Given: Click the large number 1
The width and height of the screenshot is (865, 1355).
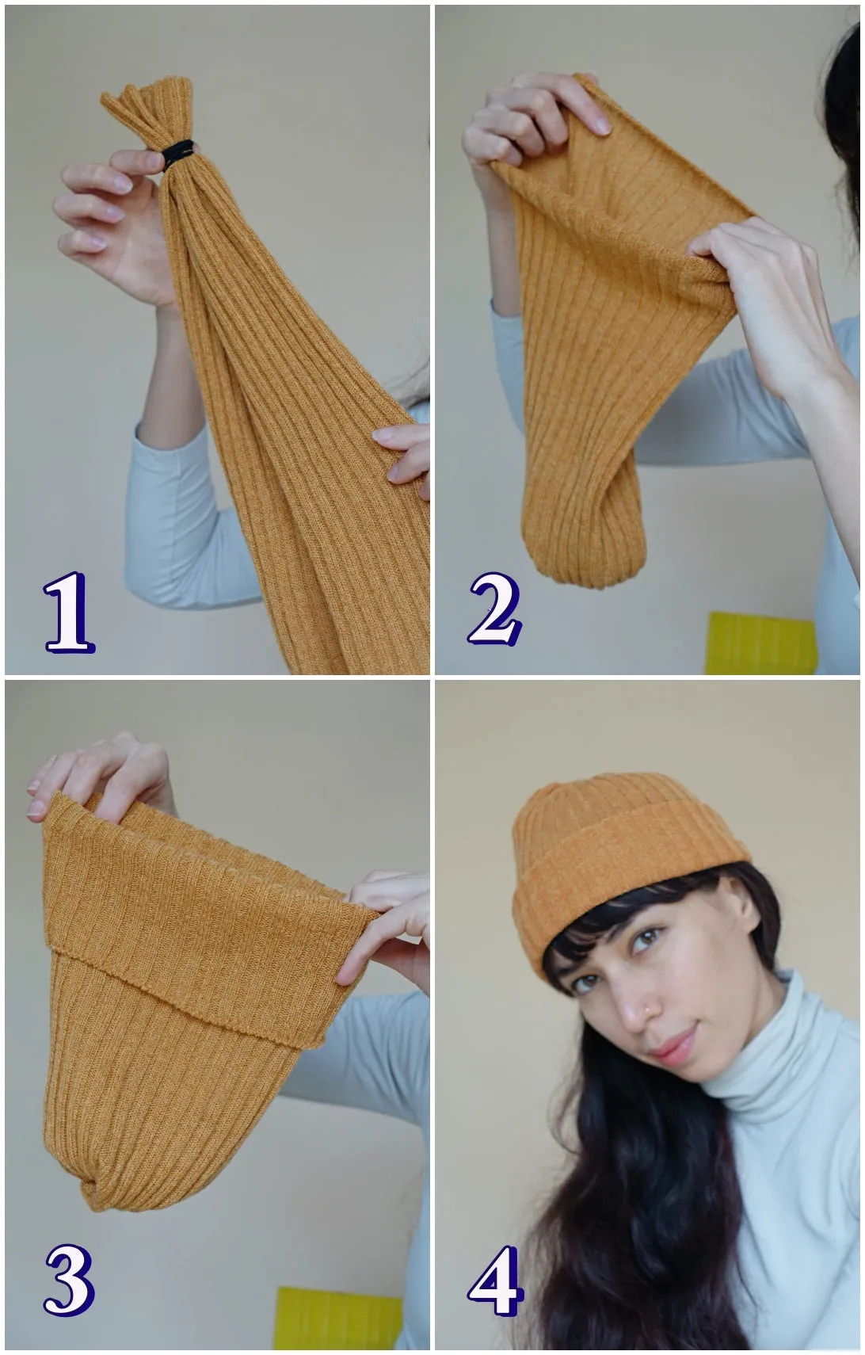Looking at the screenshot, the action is [x=68, y=613].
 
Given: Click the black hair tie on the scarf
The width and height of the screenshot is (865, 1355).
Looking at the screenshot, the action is [x=179, y=155].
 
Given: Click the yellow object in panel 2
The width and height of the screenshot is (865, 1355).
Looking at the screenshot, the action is [x=760, y=643].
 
